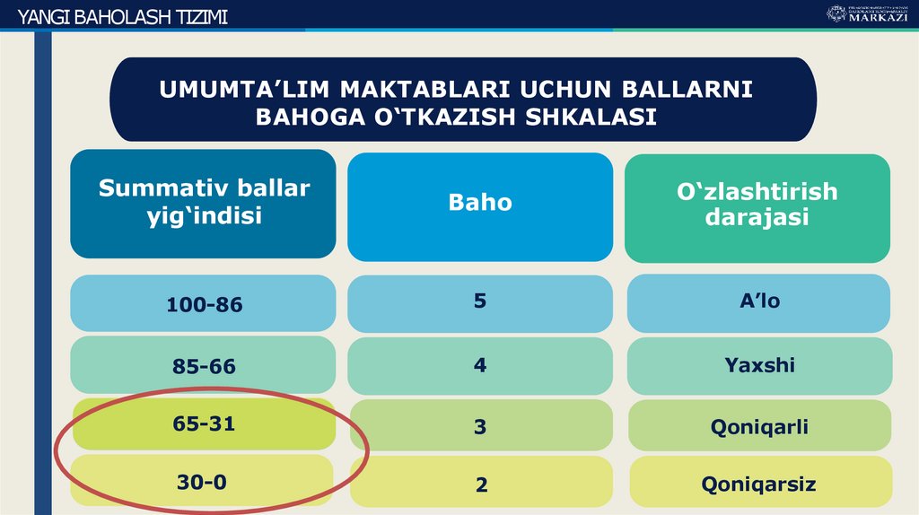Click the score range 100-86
pos(204,305)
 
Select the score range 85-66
pos(204,366)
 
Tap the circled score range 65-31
pos(204,423)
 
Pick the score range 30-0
pos(202,482)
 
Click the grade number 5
pos(480,301)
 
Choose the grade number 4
pos(480,365)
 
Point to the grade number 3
pos(480,427)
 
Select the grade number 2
pos(482,485)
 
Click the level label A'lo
pos(759,301)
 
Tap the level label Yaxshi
pos(759,365)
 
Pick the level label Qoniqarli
pos(759,426)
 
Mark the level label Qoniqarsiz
pos(759,484)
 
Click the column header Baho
pos(480,203)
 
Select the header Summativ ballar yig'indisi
pos(204,202)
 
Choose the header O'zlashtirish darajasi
pos(757,204)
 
